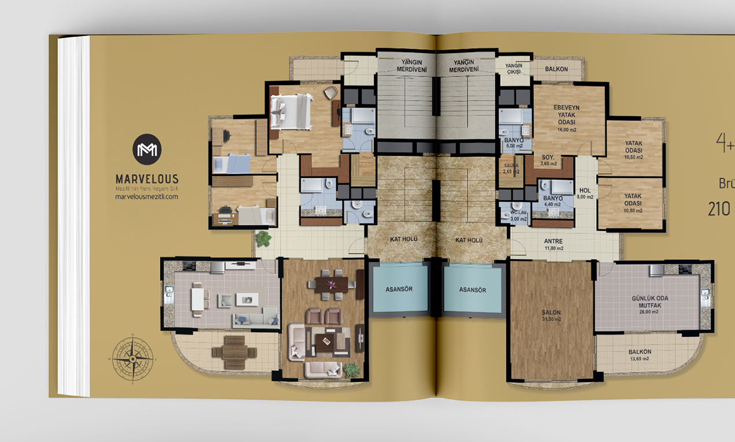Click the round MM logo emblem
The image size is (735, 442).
click(x=147, y=150)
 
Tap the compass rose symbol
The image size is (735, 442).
click(x=133, y=359)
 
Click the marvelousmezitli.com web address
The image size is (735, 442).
click(x=147, y=197)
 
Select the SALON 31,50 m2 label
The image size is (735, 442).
click(x=551, y=316)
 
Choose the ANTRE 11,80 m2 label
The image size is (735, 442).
click(x=554, y=245)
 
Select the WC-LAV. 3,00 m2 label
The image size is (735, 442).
click(x=518, y=215)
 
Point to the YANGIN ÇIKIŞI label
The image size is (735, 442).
click(x=513, y=69)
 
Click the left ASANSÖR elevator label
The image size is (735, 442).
click(x=399, y=289)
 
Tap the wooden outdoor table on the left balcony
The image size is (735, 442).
click(x=234, y=351)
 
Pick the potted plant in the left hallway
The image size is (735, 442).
click(x=263, y=238)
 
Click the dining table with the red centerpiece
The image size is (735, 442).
click(x=331, y=284)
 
